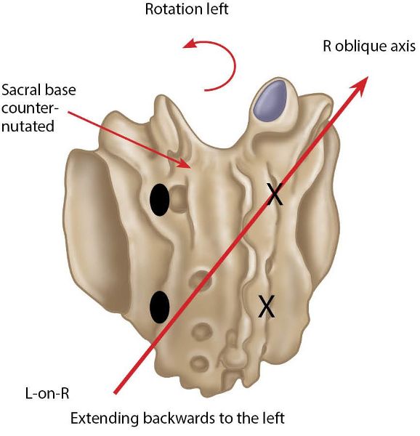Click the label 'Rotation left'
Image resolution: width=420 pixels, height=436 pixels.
187,9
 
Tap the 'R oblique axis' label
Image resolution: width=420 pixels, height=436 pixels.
369,47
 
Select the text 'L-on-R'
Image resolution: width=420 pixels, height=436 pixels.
47,393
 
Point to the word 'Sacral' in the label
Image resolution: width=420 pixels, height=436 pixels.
20,90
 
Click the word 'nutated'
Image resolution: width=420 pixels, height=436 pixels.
28,126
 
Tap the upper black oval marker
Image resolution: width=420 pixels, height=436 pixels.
160,199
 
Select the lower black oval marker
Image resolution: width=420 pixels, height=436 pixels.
160,307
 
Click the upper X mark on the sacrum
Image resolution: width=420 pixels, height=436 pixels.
275,194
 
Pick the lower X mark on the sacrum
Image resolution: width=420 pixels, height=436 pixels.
267,306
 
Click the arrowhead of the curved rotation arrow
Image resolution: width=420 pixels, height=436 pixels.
189,44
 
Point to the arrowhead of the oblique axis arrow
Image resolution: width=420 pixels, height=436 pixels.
360,85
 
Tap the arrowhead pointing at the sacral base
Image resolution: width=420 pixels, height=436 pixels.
186,163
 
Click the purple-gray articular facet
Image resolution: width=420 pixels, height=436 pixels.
270,101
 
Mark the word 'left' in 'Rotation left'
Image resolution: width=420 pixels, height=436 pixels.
217,9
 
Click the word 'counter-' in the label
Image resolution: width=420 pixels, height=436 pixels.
30,108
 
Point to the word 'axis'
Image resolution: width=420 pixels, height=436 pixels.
403,47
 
